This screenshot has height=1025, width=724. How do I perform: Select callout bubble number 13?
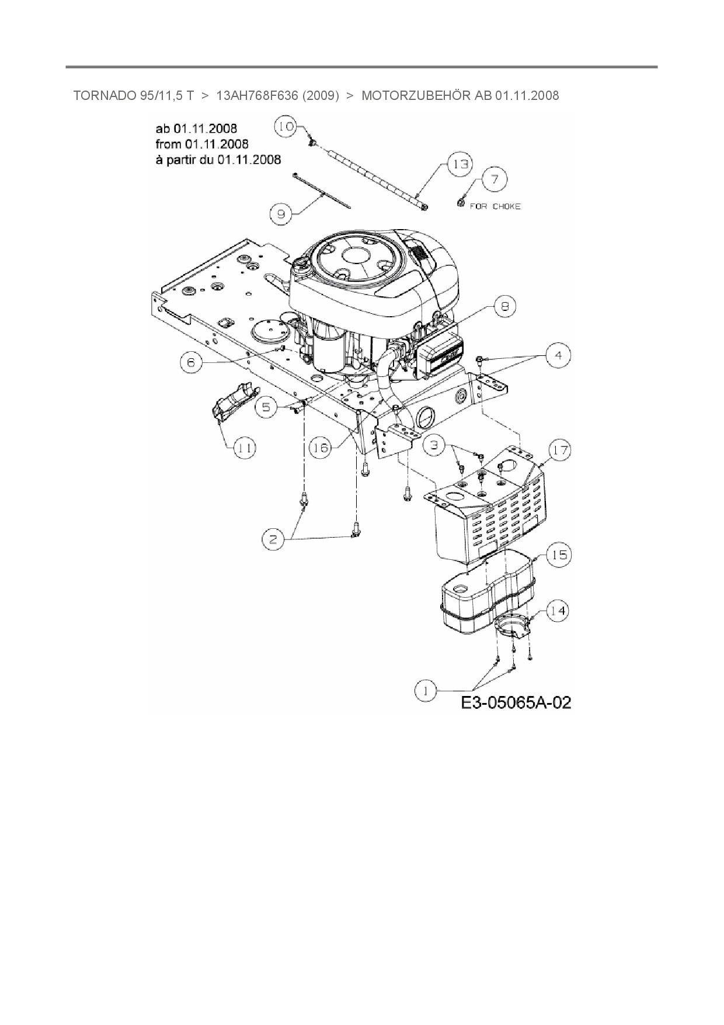point(460,164)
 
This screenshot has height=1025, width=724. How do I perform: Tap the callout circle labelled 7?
point(495,179)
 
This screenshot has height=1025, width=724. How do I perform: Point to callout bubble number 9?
point(281,214)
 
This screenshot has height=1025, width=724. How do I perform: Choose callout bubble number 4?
point(559,355)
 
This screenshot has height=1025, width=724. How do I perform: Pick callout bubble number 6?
point(191,362)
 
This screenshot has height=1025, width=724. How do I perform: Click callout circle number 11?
point(245,448)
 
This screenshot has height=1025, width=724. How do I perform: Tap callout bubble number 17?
point(560,450)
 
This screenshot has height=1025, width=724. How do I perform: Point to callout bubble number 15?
point(559,554)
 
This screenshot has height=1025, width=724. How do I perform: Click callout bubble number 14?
point(558,611)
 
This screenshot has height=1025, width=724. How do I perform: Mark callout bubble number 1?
point(426,691)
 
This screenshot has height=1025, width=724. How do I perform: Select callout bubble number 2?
point(273,539)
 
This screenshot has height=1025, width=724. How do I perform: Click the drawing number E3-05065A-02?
point(516,702)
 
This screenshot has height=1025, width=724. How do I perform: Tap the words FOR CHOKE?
point(495,206)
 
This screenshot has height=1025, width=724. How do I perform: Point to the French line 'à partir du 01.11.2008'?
point(218,159)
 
